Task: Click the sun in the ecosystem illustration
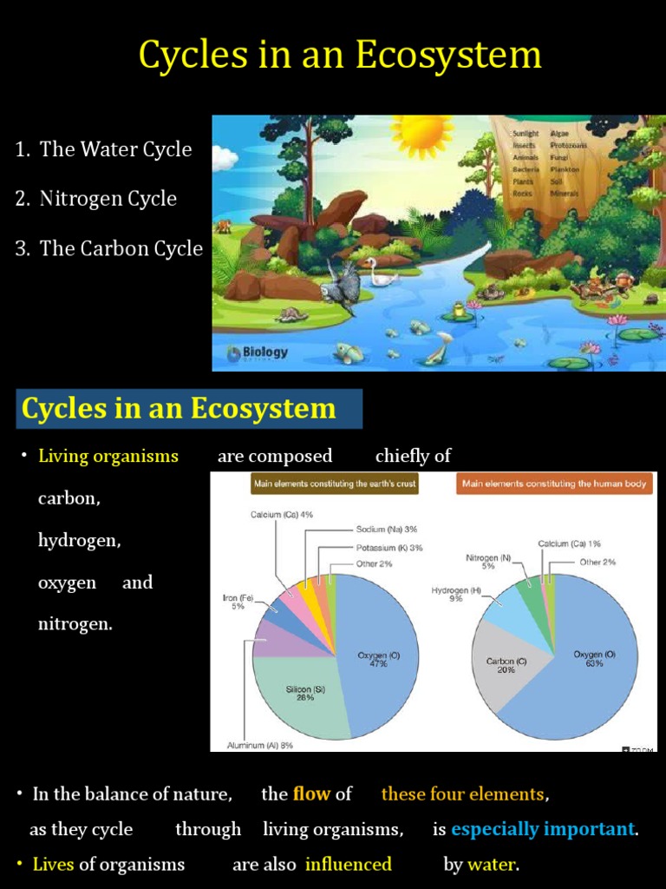coord(421,134)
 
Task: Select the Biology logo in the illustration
coord(258,353)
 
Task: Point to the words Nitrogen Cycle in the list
coord(108,199)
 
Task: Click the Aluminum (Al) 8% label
coord(260,745)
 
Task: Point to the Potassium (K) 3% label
coord(389,548)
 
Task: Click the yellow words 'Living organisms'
coord(108,456)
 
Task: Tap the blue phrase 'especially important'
coord(543,829)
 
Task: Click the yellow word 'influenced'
coord(348,864)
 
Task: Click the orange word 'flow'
coord(311,794)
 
